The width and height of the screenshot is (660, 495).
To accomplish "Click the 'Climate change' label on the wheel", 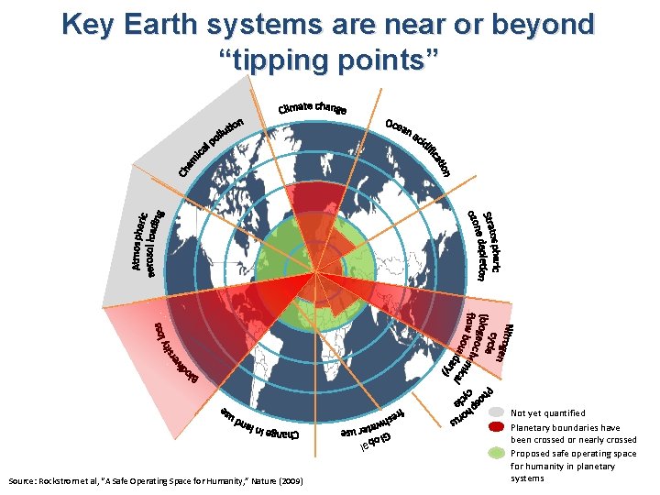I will click(312, 110).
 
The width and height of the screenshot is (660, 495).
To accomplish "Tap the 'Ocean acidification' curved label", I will click(418, 147).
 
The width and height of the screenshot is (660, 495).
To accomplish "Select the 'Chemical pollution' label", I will click(212, 147).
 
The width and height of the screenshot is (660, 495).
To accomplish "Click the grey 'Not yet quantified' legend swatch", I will click(496, 413).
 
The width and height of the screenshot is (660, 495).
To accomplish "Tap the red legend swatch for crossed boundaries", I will click(496, 427).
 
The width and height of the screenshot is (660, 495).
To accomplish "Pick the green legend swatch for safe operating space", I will click(496, 453).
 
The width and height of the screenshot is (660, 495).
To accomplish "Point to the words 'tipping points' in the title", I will click(330, 60).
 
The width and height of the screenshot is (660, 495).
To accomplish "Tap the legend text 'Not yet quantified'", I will click(549, 413).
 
